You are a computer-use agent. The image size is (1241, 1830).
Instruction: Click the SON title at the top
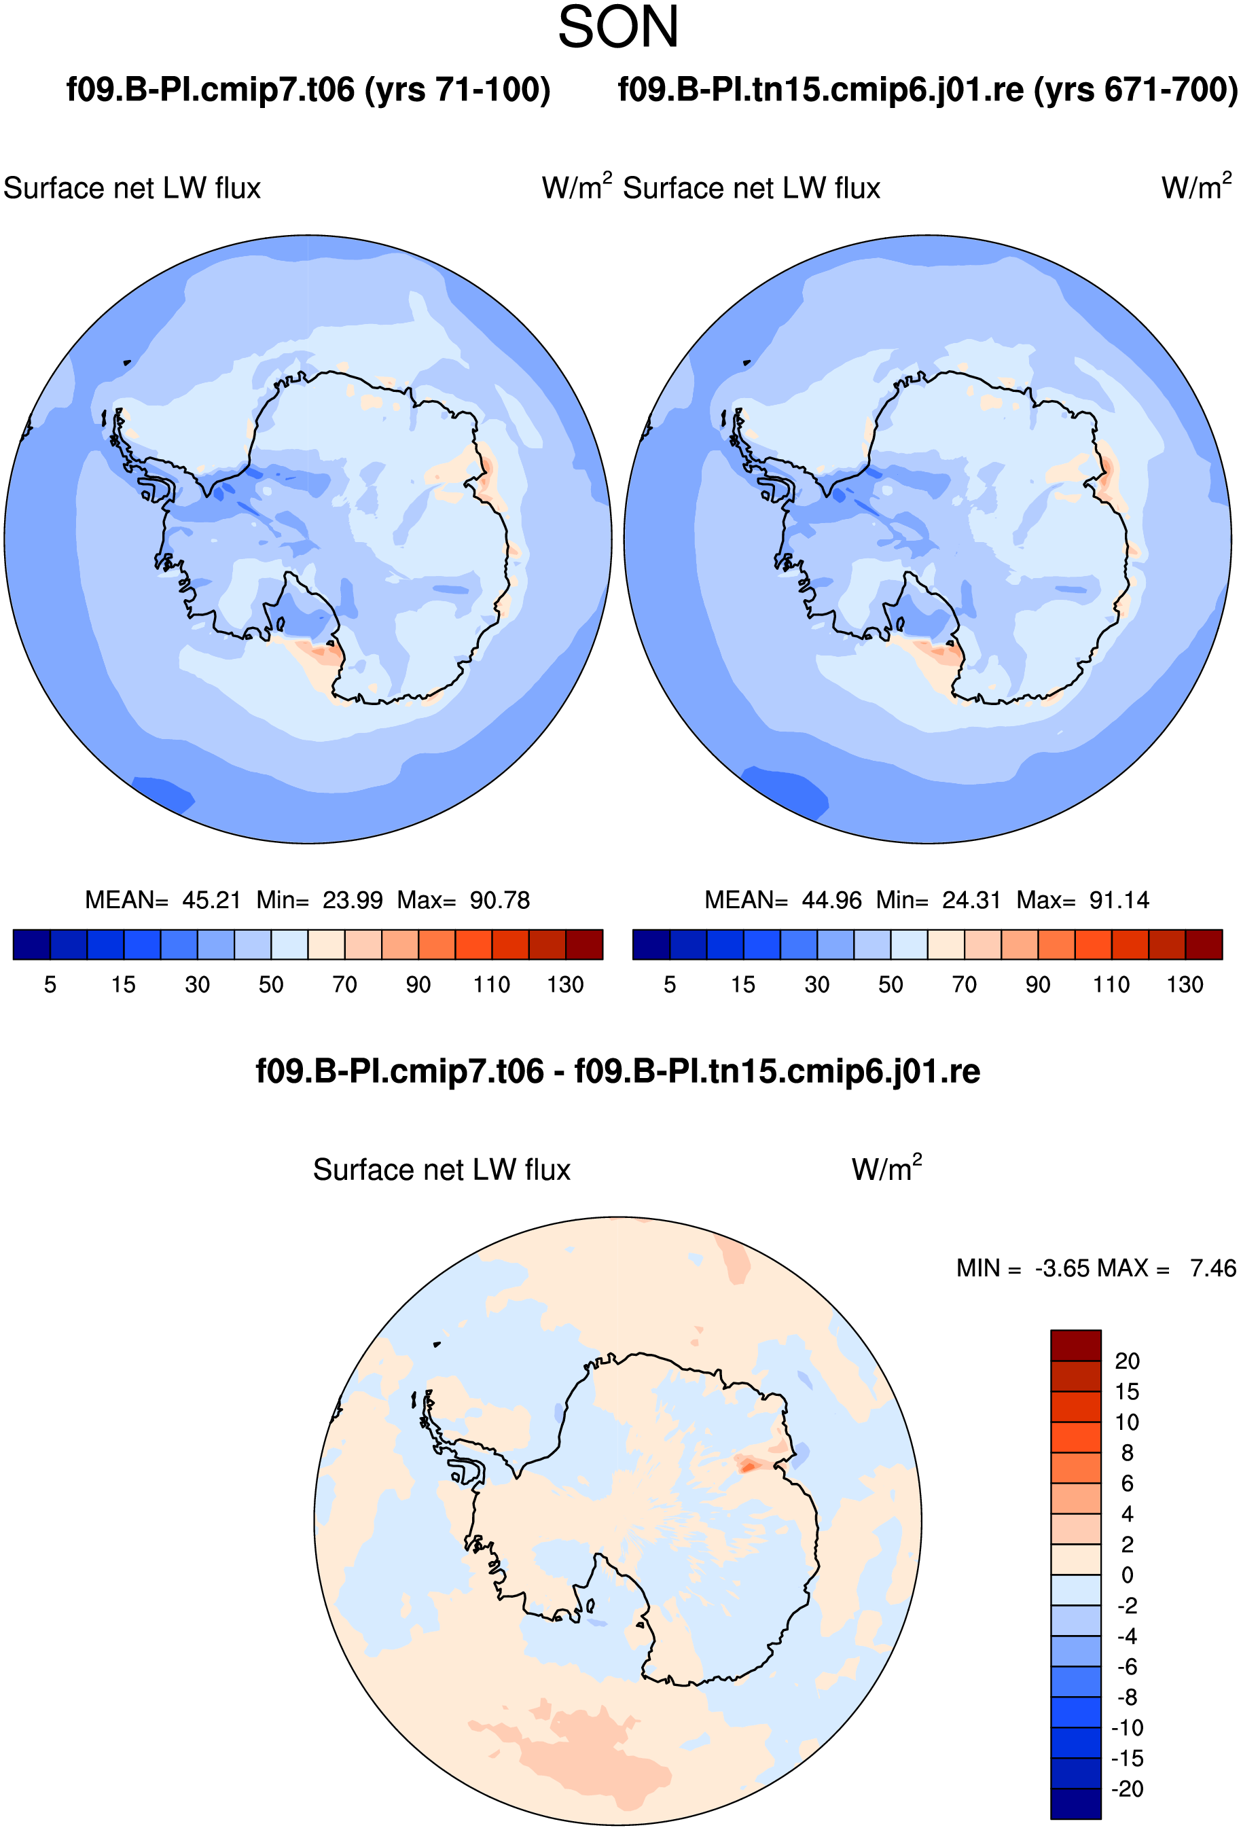618,28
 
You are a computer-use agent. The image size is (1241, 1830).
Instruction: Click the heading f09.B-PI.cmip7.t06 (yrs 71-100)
308,90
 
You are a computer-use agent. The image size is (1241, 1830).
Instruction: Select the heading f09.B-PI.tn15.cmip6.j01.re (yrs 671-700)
928,90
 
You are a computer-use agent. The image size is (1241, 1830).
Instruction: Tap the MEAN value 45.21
211,899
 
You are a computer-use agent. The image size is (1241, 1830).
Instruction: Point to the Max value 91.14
1119,899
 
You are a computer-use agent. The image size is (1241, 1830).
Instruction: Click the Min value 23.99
352,899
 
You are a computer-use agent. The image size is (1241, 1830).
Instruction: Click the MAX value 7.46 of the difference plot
1212,1268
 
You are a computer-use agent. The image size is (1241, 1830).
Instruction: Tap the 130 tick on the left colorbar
565,984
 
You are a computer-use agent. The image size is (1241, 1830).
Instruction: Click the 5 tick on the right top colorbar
669,984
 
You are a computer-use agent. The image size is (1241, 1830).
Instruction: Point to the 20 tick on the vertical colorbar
1127,1361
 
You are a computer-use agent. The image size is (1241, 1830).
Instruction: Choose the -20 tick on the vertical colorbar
1127,1789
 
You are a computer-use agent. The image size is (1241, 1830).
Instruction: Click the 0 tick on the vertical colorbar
1127,1575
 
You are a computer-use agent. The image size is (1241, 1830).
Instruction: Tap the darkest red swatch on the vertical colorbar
1076,1345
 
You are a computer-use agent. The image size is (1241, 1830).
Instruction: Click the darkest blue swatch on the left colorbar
31,944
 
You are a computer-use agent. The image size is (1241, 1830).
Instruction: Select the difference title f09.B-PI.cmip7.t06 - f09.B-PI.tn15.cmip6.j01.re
618,1072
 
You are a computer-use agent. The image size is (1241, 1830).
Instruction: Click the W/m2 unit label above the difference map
886,1168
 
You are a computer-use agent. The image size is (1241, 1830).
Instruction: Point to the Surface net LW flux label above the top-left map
132,188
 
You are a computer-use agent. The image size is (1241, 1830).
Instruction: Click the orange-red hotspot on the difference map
747,1465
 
